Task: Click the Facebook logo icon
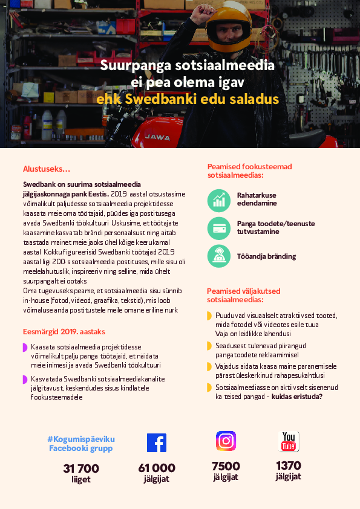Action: click(x=156, y=443)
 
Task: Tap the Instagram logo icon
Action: click(x=226, y=440)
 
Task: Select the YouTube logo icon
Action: click(x=289, y=441)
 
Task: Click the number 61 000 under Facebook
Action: click(x=157, y=468)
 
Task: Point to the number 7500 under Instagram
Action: click(x=226, y=466)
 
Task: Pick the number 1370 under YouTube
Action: click(x=289, y=465)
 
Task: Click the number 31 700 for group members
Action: click(x=80, y=468)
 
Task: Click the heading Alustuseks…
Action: click(x=47, y=169)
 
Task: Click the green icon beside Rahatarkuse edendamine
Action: click(x=218, y=200)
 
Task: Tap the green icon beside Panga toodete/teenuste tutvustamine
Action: click(x=218, y=228)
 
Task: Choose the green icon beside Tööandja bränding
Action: click(x=218, y=256)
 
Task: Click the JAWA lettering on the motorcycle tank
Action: click(x=157, y=137)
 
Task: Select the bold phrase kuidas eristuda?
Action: click(x=297, y=396)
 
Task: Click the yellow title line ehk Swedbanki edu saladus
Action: click(x=187, y=99)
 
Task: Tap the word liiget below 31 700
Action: click(x=80, y=479)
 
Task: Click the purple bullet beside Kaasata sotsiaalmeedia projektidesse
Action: click(x=25, y=347)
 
